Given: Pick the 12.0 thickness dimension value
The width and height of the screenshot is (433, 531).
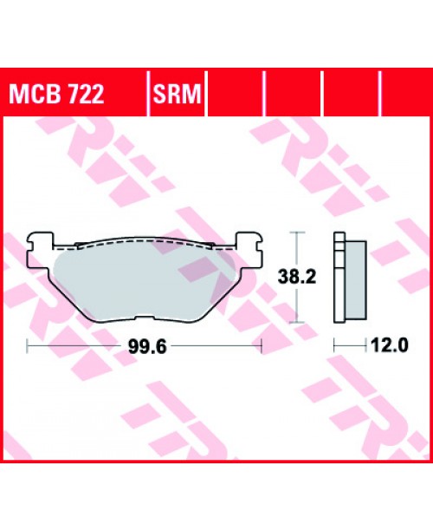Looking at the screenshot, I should [x=390, y=344].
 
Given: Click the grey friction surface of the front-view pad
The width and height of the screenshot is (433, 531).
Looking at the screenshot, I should [x=143, y=278].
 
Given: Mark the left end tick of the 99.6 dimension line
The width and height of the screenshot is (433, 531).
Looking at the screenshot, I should [x=29, y=344].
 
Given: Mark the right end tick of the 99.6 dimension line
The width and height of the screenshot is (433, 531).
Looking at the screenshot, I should [x=261, y=344].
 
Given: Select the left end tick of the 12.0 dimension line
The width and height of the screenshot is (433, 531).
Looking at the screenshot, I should [x=335, y=344].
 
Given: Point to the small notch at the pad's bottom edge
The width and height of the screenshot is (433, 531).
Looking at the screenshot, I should [x=144, y=318].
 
